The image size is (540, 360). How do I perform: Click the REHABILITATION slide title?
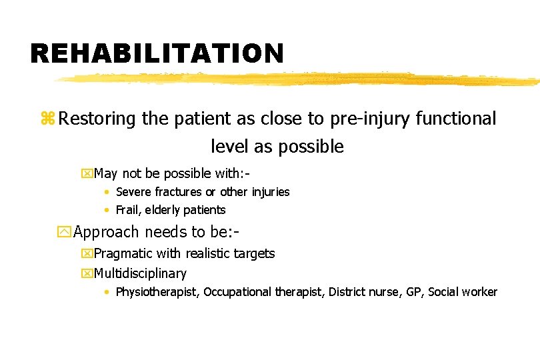click(x=157, y=53)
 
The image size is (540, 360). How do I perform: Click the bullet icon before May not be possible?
click(x=86, y=174)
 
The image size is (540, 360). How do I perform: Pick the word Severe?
click(x=134, y=192)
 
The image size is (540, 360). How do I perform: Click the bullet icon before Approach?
click(x=65, y=232)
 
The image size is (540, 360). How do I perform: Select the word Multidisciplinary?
click(x=141, y=273)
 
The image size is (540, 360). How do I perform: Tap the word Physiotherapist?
click(x=157, y=292)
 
